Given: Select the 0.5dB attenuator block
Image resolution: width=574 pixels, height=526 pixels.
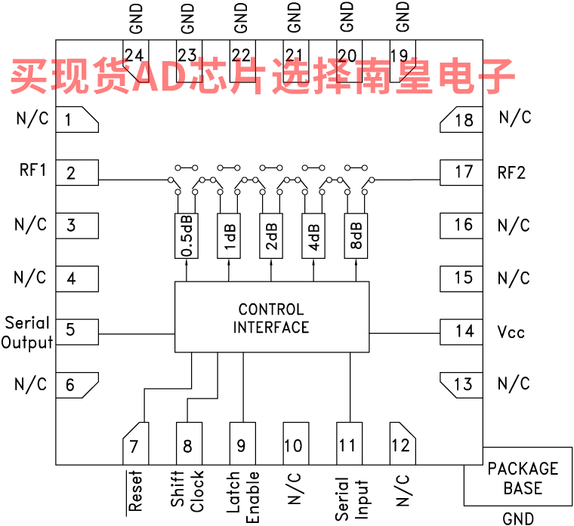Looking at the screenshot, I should point(189,236).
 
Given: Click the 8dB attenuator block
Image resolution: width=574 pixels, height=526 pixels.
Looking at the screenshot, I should point(356,236).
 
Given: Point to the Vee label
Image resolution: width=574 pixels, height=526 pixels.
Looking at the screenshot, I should point(511,331).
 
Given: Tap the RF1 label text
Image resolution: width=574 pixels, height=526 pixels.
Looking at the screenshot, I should point(32,171).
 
